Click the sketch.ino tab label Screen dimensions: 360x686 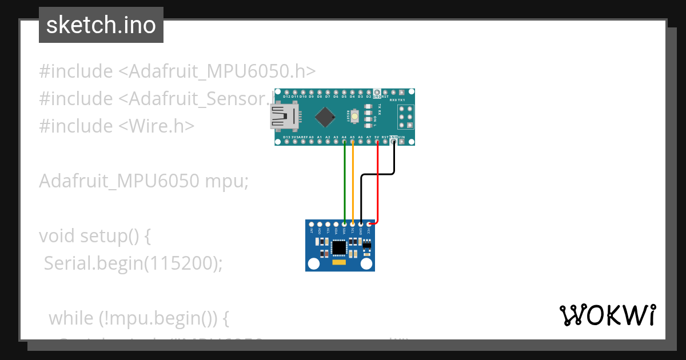point(101,25)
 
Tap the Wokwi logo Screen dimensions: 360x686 point(607,315)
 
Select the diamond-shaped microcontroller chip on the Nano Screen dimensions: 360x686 point(325,117)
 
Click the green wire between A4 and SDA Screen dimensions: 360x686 point(345,183)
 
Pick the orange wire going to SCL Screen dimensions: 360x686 point(353,183)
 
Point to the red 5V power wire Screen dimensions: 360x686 point(377,183)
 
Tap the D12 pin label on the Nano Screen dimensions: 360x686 point(286,97)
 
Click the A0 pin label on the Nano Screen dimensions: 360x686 point(311,137)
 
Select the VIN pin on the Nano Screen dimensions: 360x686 point(402,137)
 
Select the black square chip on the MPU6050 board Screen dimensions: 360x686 point(340,247)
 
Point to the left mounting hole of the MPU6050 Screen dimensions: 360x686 point(313,263)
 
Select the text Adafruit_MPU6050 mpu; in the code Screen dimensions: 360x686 point(144,181)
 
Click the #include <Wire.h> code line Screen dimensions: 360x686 point(117,126)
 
